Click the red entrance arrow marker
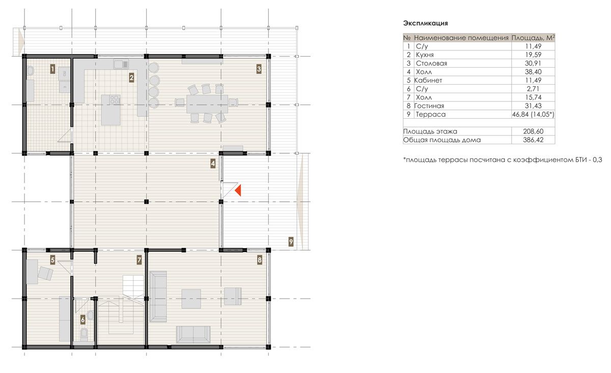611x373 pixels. [238, 191]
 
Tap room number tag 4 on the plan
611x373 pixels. [213, 164]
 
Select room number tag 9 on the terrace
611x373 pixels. [291, 242]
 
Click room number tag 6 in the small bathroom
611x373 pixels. [83, 320]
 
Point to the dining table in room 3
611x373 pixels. [207, 104]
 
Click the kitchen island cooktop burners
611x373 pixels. [115, 99]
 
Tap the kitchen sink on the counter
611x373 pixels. [121, 64]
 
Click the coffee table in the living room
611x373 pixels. [191, 299]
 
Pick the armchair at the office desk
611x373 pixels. [45, 274]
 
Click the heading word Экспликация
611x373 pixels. [426, 23]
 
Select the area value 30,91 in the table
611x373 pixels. [533, 63]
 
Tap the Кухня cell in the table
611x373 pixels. [425, 55]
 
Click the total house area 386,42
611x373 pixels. [533, 140]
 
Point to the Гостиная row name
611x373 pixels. [429, 105]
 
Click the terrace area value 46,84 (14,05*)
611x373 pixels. [533, 115]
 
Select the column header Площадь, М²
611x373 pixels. [533, 38]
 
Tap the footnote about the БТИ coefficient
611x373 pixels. [503, 159]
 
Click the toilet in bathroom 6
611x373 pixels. [85, 335]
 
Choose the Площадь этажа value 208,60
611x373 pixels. [533, 131]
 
